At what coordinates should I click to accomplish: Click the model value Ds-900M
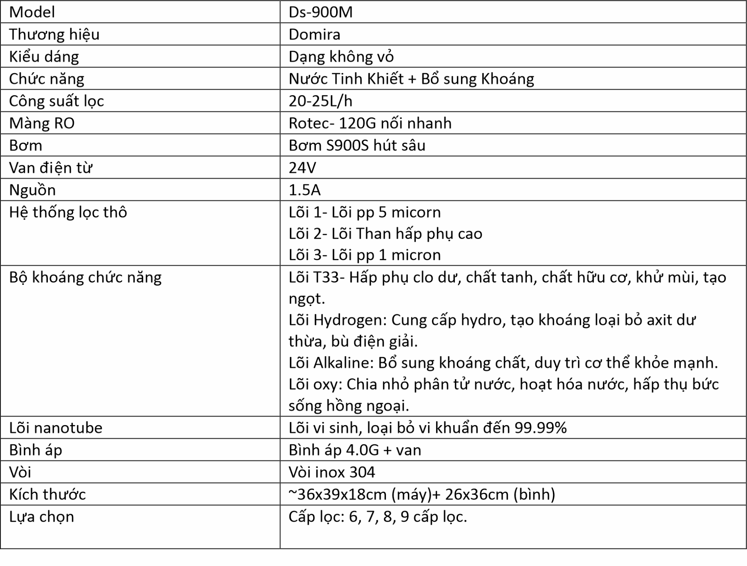tap(321, 12)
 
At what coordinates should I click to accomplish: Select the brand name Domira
tap(314, 35)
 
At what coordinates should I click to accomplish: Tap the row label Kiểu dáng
tap(44, 57)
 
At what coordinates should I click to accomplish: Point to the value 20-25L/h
tap(321, 101)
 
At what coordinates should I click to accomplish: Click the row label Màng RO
tap(42, 123)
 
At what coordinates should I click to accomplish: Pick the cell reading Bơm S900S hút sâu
tap(357, 145)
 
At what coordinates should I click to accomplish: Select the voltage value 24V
tap(302, 168)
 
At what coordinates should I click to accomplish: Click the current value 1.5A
tap(305, 190)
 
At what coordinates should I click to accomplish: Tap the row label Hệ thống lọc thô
tap(68, 212)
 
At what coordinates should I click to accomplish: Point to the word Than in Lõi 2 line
tap(373, 234)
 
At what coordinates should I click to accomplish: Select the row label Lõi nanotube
tap(56, 428)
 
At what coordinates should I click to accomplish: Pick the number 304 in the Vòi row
tap(362, 472)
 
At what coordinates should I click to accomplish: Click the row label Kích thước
tap(47, 494)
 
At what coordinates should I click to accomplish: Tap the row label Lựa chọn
tap(42, 517)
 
